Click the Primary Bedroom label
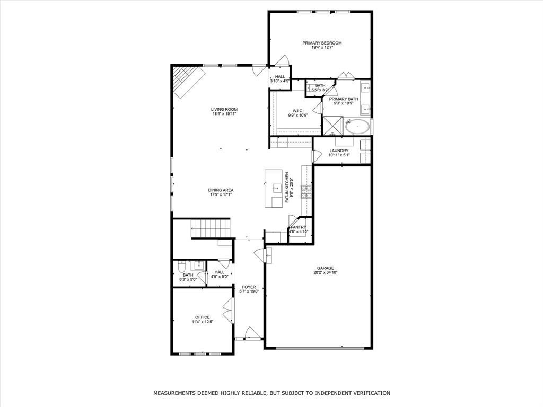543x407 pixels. pos(322,43)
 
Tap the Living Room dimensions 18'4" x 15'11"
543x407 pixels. pos(224,113)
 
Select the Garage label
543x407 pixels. pos(326,268)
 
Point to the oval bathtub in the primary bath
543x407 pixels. pos(357,127)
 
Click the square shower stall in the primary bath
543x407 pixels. pos(333,126)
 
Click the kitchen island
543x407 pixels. pos(273,188)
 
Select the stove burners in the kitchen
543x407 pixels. pos(306,192)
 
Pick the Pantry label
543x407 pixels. pos(299,227)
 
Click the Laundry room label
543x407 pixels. pos(339,151)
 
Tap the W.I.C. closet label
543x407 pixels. pos(295,111)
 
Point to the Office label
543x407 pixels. pos(202,317)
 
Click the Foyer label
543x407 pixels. pos(249,287)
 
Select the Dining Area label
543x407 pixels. pos(221,190)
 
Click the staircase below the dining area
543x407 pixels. pos(210,228)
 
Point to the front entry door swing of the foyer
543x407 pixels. pos(251,333)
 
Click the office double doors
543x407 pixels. pos(227,311)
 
